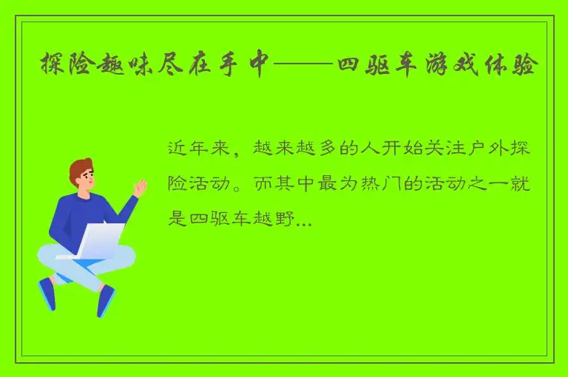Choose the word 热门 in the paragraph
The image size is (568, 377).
[400, 183]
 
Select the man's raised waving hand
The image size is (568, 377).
[139, 188]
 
